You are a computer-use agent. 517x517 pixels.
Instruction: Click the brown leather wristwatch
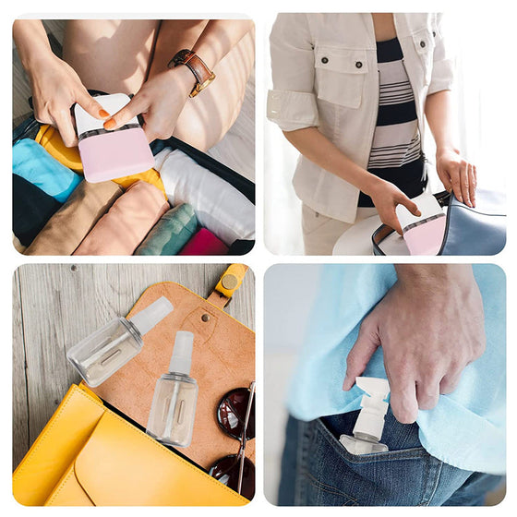pyautogui.click(x=194, y=70)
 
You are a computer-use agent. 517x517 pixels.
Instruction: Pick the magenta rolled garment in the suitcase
pyautogui.click(x=205, y=242)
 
